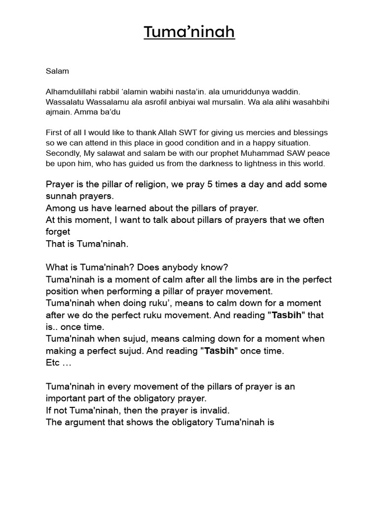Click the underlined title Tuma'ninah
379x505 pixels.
coord(189,32)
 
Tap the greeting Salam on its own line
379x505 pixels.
coord(57,71)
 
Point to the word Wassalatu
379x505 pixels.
coord(63,102)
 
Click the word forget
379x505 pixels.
coord(58,232)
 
